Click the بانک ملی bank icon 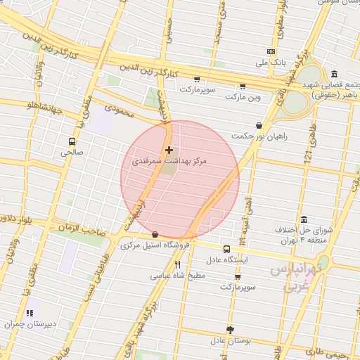pos(271,52)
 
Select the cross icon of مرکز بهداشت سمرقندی pos(169,150)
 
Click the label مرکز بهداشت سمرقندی pos(170,162)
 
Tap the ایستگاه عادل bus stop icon pos(226,249)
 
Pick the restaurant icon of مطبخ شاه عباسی pos(177,264)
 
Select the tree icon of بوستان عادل pos(230,329)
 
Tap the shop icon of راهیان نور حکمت pos(259,125)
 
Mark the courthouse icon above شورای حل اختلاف pos(303,219)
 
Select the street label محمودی pos(118,109)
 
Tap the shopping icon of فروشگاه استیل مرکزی pos(155,235)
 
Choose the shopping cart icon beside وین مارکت pos(243,86)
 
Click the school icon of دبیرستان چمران pos(29,313)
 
